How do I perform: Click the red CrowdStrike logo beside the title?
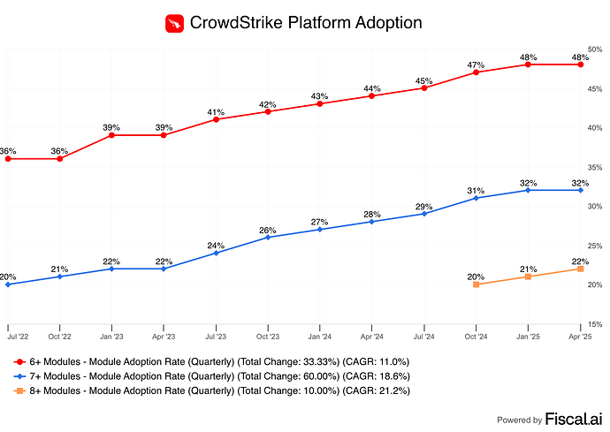175,23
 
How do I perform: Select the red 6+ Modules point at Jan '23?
111,135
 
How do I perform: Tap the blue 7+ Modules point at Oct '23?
268,237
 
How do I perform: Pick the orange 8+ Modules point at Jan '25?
528,277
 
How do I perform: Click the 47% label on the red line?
477,64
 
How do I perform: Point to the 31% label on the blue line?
477,191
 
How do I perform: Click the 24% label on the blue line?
216,246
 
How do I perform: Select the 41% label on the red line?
216,111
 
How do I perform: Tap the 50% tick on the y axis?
596,50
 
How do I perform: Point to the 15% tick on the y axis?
596,325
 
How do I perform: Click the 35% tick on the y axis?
596,168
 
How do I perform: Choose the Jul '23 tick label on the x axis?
216,337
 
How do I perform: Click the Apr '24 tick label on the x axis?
372,337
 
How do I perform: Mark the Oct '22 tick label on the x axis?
59,337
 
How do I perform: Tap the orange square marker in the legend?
19,390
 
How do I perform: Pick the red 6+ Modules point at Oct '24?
477,72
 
